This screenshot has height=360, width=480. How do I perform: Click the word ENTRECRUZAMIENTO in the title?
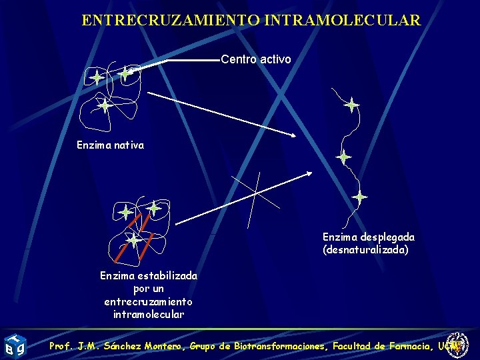click(171, 20)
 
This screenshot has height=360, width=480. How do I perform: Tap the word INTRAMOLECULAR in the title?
click(343, 20)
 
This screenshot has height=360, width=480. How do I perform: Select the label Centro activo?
click(256, 59)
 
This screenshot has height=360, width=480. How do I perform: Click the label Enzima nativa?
click(110, 144)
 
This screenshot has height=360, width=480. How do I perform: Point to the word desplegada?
click(387, 237)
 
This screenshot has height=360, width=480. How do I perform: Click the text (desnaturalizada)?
click(365, 250)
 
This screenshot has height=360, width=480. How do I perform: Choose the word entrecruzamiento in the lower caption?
click(149, 301)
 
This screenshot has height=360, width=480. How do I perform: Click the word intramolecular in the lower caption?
click(149, 314)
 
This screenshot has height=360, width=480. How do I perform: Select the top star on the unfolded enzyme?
click(351, 105)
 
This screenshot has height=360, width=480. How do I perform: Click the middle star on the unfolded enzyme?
click(343, 157)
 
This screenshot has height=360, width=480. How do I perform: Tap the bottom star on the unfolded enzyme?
click(359, 197)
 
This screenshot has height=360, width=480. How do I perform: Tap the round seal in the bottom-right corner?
click(458, 345)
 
